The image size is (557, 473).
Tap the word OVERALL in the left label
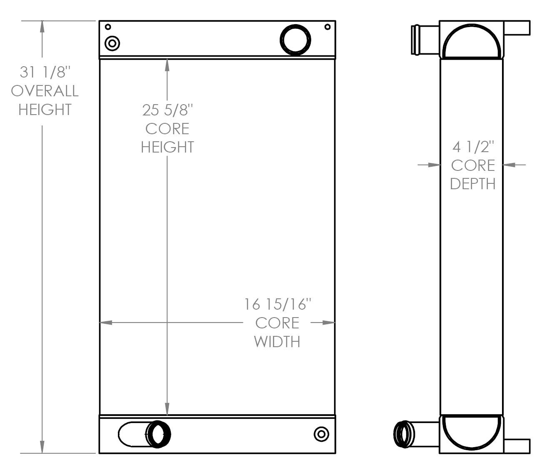[45, 91]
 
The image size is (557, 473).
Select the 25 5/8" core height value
[167, 110]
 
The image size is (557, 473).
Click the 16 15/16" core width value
[277, 304]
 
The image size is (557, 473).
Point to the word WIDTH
[277, 342]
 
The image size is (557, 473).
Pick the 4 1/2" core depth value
[473, 147]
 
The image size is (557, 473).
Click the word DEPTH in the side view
[473, 184]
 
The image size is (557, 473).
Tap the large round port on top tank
[295, 40]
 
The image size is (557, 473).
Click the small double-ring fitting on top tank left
[112, 43]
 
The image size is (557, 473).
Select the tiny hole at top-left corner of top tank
[108, 27]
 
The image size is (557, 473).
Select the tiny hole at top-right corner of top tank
[327, 27]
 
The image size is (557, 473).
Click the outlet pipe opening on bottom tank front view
[158, 434]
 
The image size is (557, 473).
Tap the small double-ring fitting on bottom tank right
[321, 434]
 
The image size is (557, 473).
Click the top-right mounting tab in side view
[517, 28]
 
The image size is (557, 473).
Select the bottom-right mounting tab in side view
[517, 446]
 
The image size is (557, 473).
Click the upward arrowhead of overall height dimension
[42, 26]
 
